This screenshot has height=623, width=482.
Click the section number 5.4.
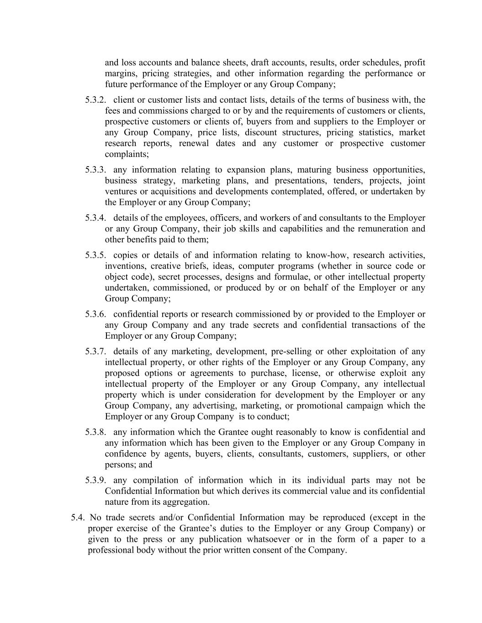coord(78,518)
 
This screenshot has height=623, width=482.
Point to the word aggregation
coord(186,503)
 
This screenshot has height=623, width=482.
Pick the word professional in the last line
coord(110,550)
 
